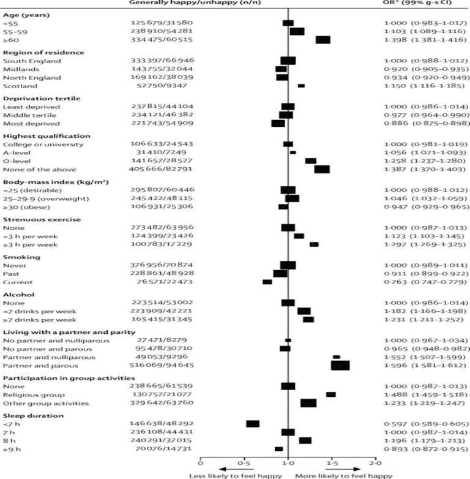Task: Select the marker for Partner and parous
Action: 340,365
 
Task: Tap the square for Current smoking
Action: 267,282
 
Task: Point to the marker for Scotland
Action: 301,86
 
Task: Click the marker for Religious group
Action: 331,394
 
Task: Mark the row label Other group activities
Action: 38,403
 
